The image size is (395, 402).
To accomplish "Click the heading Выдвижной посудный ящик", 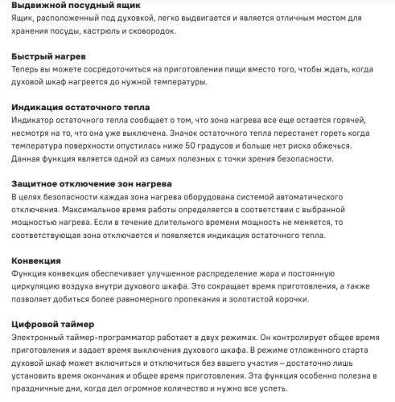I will (x=76, y=6).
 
